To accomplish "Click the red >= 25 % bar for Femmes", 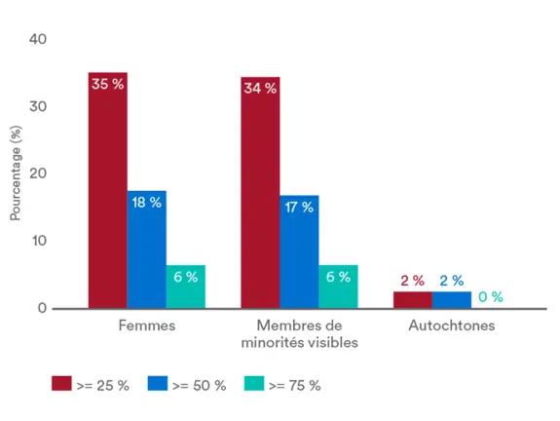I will [x=107, y=195].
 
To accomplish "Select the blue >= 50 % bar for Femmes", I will [x=146, y=253].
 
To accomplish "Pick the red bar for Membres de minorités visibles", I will [x=260, y=195].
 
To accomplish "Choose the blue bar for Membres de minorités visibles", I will [x=299, y=255].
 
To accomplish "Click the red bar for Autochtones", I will [x=413, y=299].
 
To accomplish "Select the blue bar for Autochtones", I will [x=452, y=299].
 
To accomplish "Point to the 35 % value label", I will [x=107, y=84].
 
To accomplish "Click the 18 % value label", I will [x=146, y=202].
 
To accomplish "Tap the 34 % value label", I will [x=260, y=88].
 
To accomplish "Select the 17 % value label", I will [x=299, y=207].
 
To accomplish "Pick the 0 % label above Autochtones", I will [x=490, y=296].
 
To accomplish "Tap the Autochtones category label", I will [x=451, y=325].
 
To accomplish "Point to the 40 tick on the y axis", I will [x=39, y=39].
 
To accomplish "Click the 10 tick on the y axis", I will [x=39, y=241].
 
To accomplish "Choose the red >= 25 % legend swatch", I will [x=62, y=384].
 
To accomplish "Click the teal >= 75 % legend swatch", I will [x=255, y=384].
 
